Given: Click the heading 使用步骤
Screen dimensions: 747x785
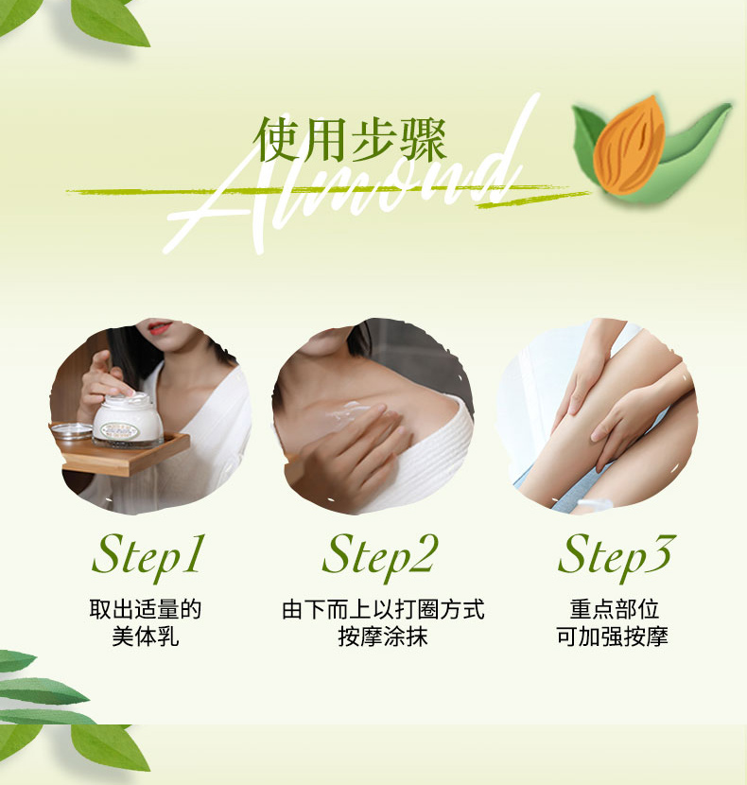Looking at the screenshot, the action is [350, 140].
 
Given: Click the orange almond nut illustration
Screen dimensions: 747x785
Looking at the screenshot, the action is [629, 145].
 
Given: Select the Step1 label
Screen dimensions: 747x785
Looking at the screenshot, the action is [148, 556].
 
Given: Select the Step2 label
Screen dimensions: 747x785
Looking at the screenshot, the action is [379, 556].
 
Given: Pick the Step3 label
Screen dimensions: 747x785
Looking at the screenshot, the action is [617, 556].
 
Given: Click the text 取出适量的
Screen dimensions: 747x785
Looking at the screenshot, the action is [146, 609].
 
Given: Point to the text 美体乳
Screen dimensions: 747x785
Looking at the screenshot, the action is [146, 637].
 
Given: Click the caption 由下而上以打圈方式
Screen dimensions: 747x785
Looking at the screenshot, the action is [383, 609].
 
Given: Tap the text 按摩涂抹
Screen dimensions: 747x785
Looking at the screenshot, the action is [383, 637].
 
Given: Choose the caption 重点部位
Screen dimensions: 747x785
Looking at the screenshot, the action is [614, 609].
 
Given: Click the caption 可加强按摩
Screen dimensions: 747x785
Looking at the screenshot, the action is [613, 637].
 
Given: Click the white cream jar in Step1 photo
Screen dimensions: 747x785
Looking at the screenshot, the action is [128, 420].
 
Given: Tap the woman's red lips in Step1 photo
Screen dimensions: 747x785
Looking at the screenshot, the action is [160, 327].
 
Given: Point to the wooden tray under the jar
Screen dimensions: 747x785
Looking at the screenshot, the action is [123, 454].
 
